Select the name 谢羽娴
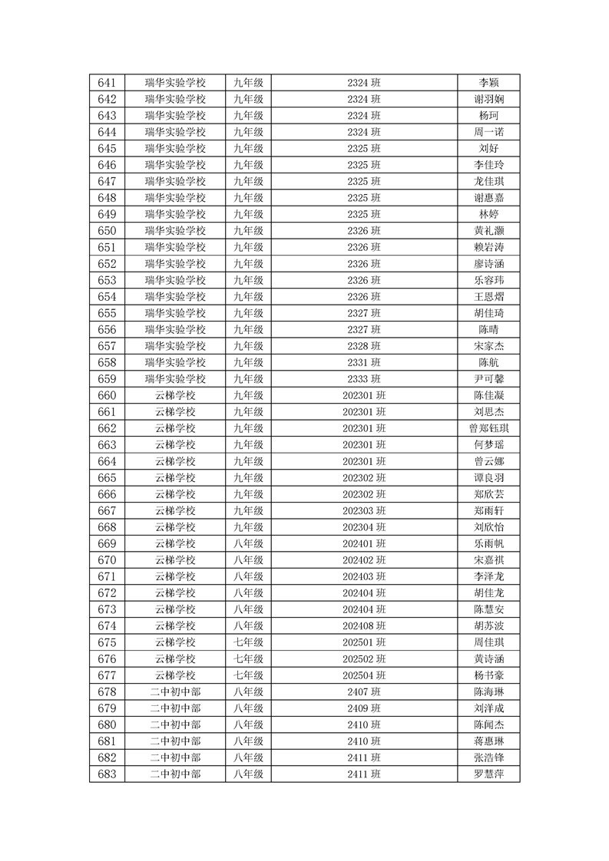(488, 99)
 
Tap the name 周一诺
(488, 132)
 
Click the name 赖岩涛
(488, 247)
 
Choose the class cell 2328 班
(364, 346)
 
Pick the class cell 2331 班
(364, 362)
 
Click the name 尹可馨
(488, 379)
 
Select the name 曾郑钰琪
(488, 428)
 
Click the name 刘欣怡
(488, 527)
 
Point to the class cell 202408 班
(364, 626)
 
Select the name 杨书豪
(488, 675)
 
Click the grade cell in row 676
(248, 659)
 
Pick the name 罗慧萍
(488, 774)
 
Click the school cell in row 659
(175, 379)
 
